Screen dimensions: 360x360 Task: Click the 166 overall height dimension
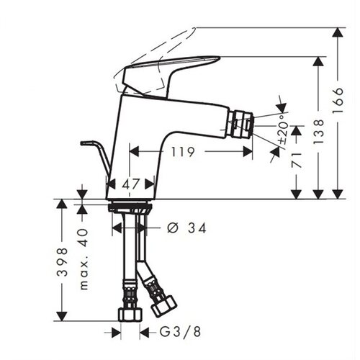coord(338,100)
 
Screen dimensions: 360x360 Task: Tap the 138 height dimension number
coord(319,132)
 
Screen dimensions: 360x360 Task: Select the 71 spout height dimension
coord(297,160)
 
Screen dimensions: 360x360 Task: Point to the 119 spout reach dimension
coord(182,152)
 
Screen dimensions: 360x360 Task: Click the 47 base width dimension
coord(130,184)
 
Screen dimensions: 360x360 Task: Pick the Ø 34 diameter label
coord(186,228)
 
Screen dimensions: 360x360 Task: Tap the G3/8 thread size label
coord(180,332)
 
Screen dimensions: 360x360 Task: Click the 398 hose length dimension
coord(62,262)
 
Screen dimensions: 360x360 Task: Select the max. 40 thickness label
coord(84,259)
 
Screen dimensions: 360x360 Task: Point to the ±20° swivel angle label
coord(284,129)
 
